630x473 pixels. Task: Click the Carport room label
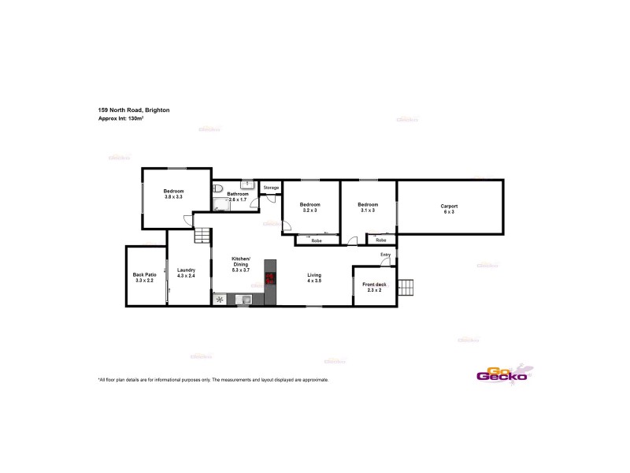click(x=449, y=206)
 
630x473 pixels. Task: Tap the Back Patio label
click(x=145, y=274)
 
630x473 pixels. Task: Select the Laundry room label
click(x=186, y=270)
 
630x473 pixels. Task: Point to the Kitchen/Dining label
click(x=240, y=262)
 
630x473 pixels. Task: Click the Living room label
click(x=314, y=275)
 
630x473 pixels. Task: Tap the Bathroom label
click(x=238, y=194)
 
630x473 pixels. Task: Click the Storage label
click(x=271, y=188)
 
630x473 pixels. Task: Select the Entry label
click(x=385, y=254)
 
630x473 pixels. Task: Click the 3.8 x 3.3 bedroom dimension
click(x=173, y=196)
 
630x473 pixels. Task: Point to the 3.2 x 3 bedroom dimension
click(x=309, y=210)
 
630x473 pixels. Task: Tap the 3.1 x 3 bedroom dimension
click(x=368, y=210)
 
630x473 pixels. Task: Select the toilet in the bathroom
click(x=217, y=188)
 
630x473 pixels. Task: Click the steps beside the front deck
click(x=406, y=287)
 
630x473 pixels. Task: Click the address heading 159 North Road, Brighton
click(x=133, y=110)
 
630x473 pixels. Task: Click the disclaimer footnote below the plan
click(x=213, y=380)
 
